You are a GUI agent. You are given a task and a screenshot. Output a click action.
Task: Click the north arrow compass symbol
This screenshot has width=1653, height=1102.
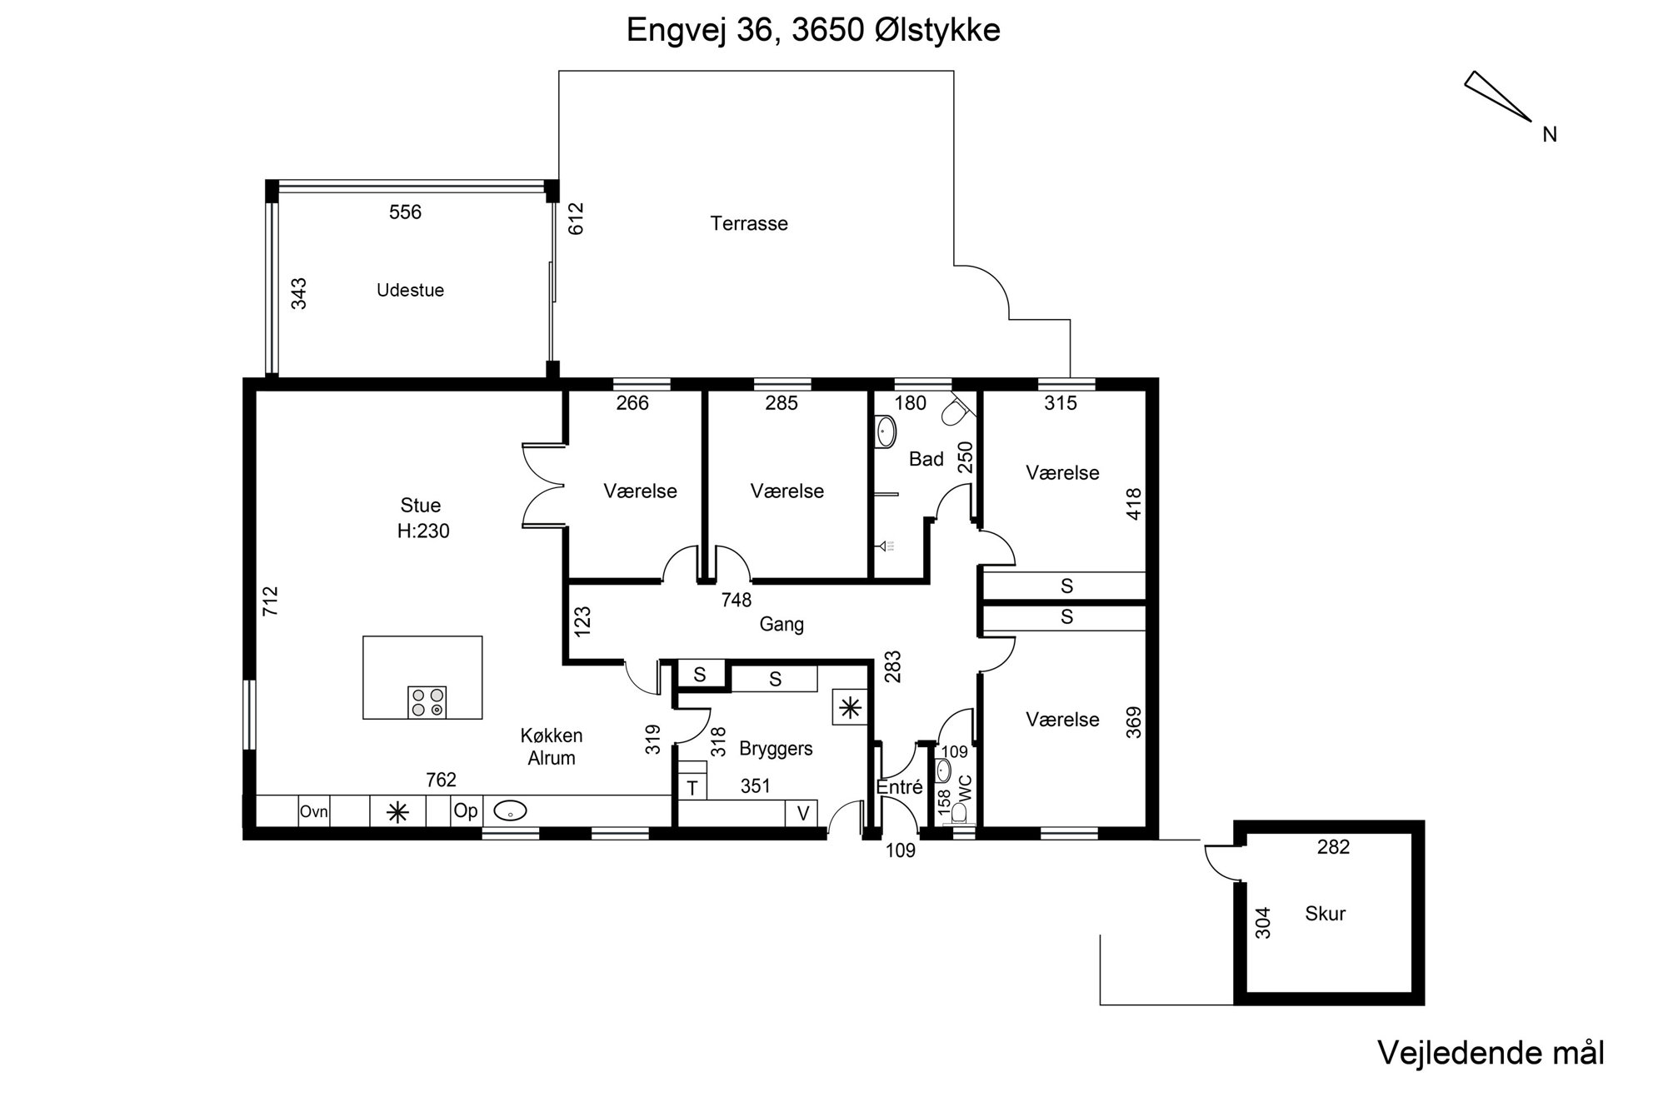coord(1497,96)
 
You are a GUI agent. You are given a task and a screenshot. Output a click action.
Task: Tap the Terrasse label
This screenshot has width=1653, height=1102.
coord(749,223)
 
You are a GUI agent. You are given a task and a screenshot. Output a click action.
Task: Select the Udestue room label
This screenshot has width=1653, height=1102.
coord(410,290)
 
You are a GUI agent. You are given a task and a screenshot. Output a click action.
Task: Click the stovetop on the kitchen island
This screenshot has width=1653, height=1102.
coord(427,701)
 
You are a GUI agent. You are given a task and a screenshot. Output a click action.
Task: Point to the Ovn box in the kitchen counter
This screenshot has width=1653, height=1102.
coord(314,810)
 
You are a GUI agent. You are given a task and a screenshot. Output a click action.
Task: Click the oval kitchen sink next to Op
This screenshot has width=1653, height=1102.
coord(510,810)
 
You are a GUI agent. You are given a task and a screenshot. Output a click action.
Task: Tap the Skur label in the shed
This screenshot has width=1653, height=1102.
coord(1325,914)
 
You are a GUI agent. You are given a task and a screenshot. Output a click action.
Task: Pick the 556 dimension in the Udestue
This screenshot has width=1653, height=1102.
coord(405,212)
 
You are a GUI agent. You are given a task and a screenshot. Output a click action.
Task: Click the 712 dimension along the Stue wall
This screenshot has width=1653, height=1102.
coord(270,601)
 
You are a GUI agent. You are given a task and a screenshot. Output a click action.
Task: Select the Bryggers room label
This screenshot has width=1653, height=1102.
coord(776,749)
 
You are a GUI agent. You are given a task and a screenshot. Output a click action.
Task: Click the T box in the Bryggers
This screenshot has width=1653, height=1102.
coord(692,787)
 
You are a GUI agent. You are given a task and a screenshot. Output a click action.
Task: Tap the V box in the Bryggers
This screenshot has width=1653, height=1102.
coord(802,813)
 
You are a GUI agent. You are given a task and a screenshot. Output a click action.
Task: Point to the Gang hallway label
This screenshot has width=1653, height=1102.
coord(782,624)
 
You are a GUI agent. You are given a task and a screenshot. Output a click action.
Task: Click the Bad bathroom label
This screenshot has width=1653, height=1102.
coord(926,459)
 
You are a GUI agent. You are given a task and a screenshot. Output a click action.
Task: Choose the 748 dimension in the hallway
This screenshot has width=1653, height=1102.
coord(737,600)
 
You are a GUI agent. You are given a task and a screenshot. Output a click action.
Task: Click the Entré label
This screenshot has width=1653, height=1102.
coord(899,786)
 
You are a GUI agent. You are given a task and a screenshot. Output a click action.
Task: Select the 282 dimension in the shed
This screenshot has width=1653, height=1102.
coord(1333,847)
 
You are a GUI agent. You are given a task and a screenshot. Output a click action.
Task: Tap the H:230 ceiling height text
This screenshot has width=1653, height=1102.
coord(423,531)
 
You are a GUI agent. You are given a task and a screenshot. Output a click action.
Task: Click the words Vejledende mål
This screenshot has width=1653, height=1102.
coord(1491,1053)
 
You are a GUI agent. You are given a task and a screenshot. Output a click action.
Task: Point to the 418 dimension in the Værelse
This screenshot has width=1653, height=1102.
coord(1133,504)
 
